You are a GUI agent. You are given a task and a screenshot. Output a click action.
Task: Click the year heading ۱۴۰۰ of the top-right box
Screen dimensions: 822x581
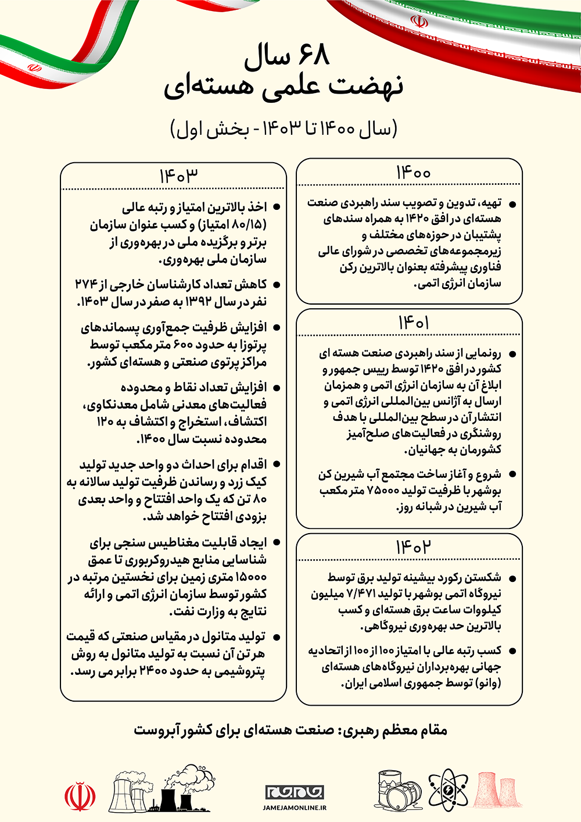click(413, 172)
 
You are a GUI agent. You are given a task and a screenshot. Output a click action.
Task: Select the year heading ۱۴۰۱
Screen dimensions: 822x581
click(413, 322)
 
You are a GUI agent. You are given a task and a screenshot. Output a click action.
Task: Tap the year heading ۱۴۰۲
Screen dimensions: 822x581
click(413, 547)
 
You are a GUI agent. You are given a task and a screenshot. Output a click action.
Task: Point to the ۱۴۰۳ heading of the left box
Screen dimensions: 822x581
click(179, 176)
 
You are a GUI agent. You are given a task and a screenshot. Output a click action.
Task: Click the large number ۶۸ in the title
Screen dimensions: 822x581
click(314, 56)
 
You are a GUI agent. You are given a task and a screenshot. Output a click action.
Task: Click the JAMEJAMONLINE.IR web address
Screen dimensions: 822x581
click(295, 807)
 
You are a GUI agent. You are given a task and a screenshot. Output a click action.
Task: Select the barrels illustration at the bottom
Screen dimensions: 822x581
click(399, 789)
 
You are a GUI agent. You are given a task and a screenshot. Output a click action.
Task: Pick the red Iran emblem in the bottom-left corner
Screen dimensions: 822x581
click(80, 796)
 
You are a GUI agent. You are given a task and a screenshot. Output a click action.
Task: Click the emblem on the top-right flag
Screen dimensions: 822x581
click(419, 22)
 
